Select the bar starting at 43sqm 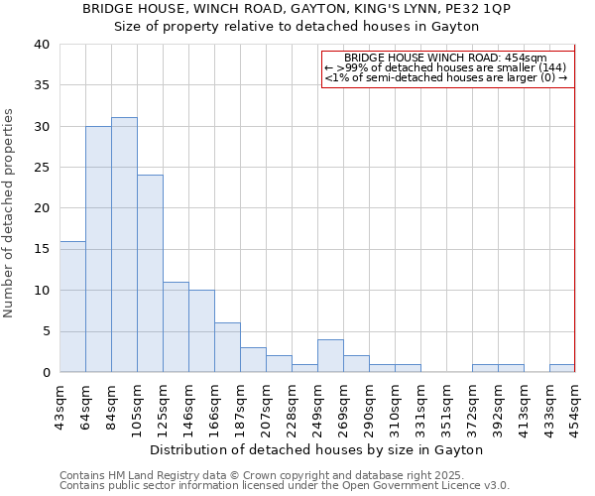(72, 307)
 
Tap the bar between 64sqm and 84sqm (98, 249)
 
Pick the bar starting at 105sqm (150, 274)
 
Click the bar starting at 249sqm (330, 356)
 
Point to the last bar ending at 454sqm (562, 368)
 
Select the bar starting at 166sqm (227, 347)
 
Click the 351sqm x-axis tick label (446, 409)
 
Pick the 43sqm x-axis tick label (59, 409)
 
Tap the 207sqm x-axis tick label (266, 409)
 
